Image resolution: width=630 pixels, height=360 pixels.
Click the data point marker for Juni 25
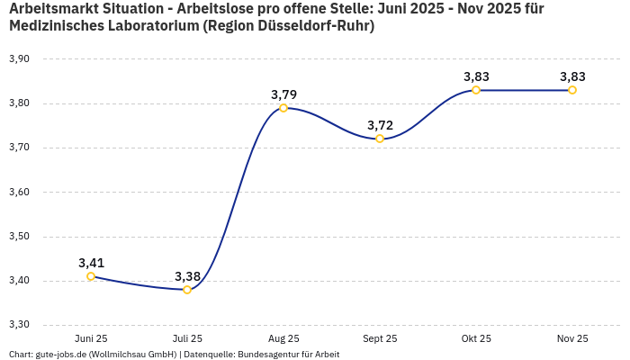(x=91, y=276)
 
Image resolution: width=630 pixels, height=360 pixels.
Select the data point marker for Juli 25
(x=187, y=290)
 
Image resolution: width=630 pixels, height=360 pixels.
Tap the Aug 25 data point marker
(x=283, y=108)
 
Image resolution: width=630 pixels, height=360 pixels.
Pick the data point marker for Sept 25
(x=380, y=139)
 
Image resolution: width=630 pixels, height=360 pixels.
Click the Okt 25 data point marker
(x=476, y=90)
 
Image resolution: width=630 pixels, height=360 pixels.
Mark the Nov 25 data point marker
(x=572, y=90)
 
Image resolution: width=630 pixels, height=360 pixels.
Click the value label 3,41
(x=91, y=263)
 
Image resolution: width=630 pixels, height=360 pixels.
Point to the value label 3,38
(x=187, y=276)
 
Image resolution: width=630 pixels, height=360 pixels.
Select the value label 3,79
(x=283, y=94)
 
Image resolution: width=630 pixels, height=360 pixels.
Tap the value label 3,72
(x=380, y=125)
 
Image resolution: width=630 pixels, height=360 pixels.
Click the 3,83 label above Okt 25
(x=476, y=76)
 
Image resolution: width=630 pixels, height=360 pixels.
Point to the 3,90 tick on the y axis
(x=19, y=59)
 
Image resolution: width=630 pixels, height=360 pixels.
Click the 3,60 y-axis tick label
(x=19, y=192)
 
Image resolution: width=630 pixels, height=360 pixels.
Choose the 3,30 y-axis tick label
(x=19, y=325)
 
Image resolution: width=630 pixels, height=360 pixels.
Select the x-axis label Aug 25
(x=283, y=339)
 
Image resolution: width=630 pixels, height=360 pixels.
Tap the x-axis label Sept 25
(x=380, y=339)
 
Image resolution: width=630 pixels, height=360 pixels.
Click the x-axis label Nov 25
(x=572, y=339)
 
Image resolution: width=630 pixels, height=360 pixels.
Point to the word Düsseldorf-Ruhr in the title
(x=314, y=26)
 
